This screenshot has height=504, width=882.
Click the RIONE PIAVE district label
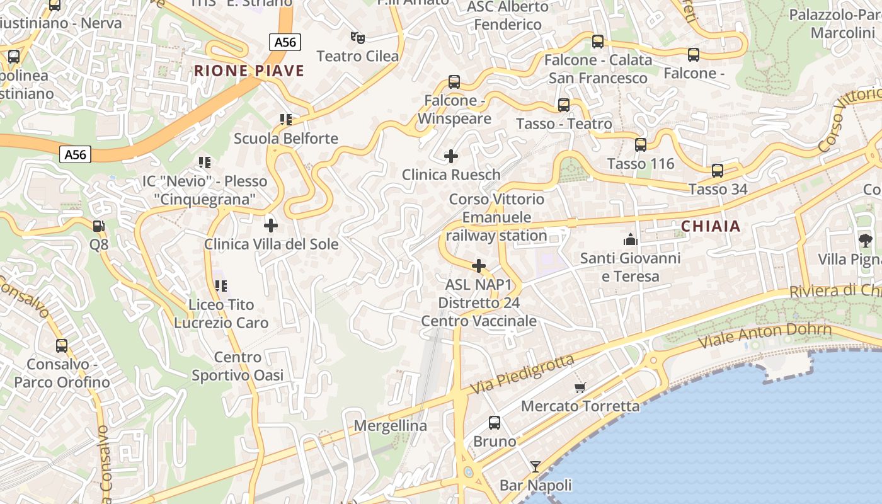point(249,71)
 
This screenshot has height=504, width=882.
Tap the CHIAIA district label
point(711,226)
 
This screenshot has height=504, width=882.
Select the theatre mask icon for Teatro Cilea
point(358,38)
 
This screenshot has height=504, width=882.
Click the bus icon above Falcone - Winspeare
point(454,82)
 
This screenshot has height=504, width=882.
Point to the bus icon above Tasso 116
point(641,145)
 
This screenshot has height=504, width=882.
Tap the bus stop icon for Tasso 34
point(718,171)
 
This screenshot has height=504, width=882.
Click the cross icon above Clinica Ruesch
point(451,156)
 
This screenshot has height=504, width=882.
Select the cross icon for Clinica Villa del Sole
point(271,225)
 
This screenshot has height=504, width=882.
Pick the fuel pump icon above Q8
point(99,226)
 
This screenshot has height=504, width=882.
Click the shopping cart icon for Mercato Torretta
point(580,387)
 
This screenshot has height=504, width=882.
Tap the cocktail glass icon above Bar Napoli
point(535,467)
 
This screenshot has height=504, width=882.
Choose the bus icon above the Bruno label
point(495,423)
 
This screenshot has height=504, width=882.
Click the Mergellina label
point(390,426)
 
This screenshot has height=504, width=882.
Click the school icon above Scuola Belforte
point(286,120)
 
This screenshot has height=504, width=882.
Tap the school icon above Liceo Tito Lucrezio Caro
point(221,286)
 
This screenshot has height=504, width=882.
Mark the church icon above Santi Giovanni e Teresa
point(630,239)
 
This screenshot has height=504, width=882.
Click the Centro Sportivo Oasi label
point(238,367)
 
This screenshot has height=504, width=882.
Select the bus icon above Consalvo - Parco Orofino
point(62,346)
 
